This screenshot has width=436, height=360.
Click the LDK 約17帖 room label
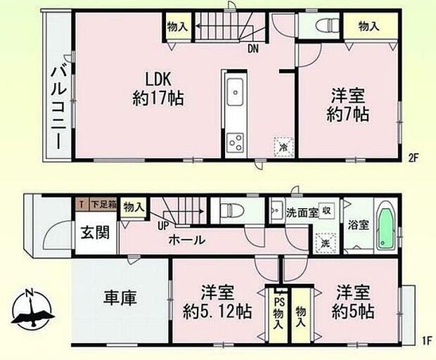pos(158,89)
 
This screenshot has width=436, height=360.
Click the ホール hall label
pos(186,240)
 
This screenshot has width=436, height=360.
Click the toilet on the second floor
pos(324,26)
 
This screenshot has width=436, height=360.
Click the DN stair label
pos(251,49)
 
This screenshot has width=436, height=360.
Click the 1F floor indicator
pos(426,341)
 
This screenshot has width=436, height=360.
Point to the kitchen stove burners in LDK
pos(234,143)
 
